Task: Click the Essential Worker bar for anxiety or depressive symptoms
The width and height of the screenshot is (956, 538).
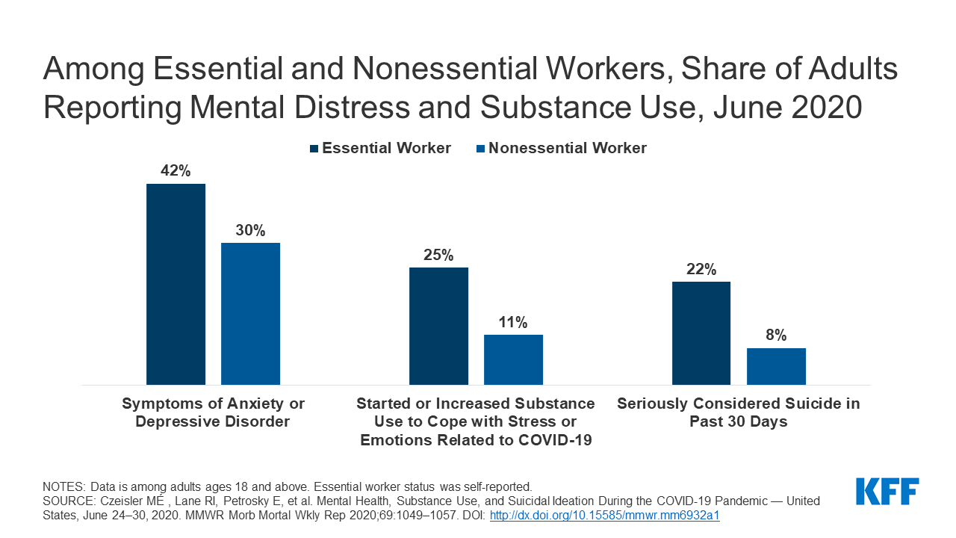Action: pyautogui.click(x=176, y=284)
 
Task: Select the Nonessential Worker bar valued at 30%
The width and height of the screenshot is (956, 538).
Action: pyautogui.click(x=250, y=314)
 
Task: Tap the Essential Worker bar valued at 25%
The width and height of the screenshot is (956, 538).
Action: pyautogui.click(x=438, y=326)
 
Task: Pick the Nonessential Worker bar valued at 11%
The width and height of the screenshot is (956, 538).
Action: pyautogui.click(x=513, y=359)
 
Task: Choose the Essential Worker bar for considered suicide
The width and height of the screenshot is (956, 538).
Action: pyautogui.click(x=701, y=333)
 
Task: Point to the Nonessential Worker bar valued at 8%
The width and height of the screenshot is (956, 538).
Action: pyautogui.click(x=776, y=366)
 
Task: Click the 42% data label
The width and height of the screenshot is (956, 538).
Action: pyautogui.click(x=176, y=171)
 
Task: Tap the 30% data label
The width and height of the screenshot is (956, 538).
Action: pyautogui.click(x=250, y=230)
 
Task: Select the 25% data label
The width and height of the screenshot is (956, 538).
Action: pyautogui.click(x=438, y=255)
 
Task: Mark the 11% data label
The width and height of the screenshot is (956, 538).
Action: pyautogui.click(x=513, y=322)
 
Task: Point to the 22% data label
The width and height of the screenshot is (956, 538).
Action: pyautogui.click(x=701, y=269)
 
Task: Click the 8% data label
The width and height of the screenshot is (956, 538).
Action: pyautogui.click(x=776, y=336)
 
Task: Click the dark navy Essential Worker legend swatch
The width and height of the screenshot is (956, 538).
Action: pyautogui.click(x=314, y=149)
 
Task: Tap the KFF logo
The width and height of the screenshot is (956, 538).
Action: pyautogui.click(x=887, y=492)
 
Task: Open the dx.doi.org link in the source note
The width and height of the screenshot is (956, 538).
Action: pyautogui.click(x=604, y=515)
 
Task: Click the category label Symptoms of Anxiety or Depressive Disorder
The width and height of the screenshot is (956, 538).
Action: pyautogui.click(x=213, y=412)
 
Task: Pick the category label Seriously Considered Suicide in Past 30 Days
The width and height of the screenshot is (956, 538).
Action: pyautogui.click(x=738, y=412)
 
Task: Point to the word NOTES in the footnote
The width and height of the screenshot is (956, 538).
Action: pyautogui.click(x=63, y=486)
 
